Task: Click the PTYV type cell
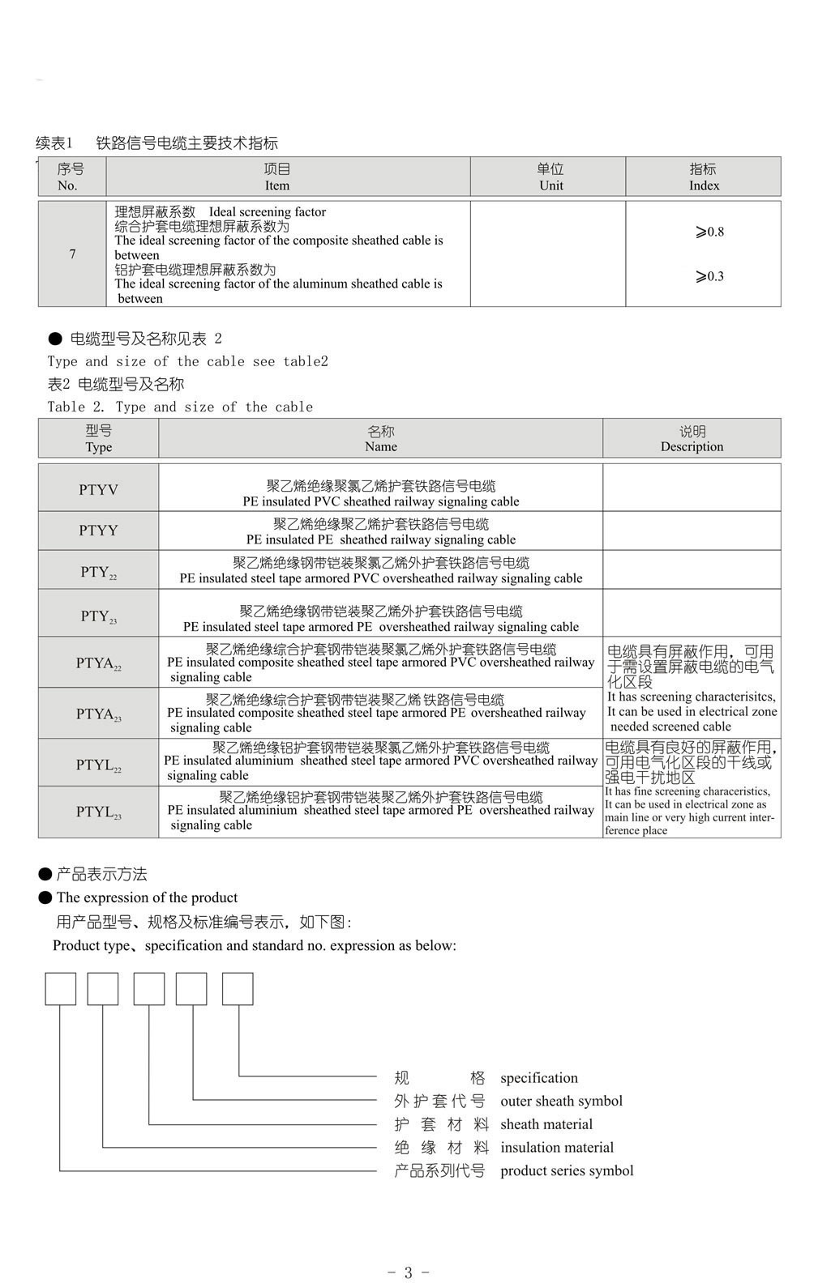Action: click(98, 489)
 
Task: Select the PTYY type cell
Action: click(98, 531)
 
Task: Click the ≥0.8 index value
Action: click(709, 232)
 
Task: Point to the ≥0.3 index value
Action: click(709, 277)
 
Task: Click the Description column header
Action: click(692, 439)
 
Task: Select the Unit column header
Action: click(550, 177)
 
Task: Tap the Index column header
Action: click(703, 177)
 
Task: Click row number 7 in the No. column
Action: click(72, 254)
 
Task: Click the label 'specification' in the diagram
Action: click(539, 1078)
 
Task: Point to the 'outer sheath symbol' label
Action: click(561, 1101)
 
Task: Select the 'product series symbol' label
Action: click(567, 1170)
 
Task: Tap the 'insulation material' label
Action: click(557, 1147)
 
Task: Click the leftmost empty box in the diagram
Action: click(61, 989)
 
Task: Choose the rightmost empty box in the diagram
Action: click(238, 989)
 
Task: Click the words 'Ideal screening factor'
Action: click(267, 212)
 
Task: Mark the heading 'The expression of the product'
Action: click(147, 897)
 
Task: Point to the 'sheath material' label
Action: click(546, 1124)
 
